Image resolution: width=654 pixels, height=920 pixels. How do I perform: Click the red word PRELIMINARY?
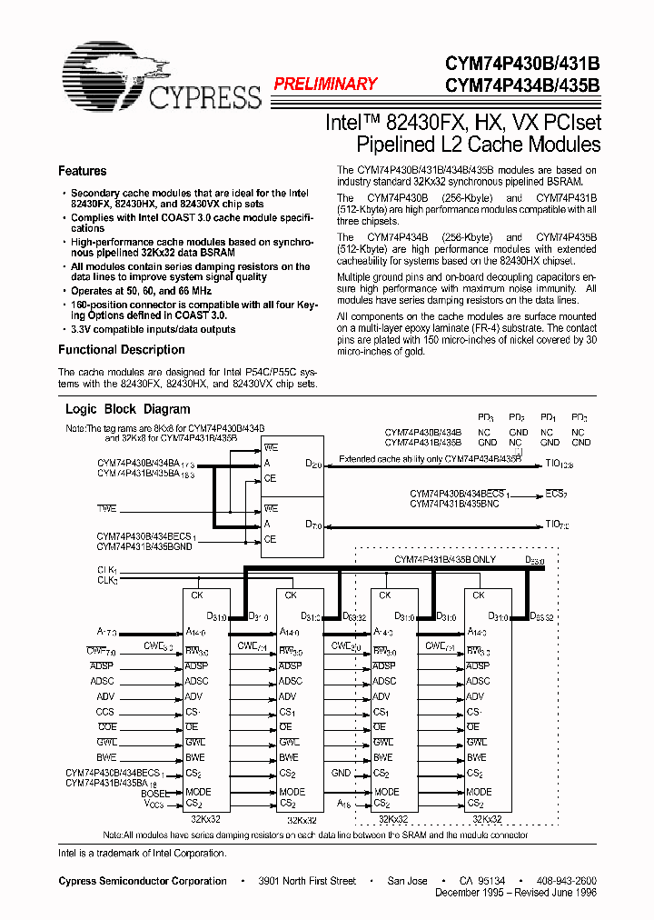tap(325, 84)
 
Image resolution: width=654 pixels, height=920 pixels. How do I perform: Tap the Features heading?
tap(82, 171)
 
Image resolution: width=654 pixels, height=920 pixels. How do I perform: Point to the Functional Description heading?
tap(121, 349)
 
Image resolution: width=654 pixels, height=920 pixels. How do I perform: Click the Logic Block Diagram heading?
tap(127, 409)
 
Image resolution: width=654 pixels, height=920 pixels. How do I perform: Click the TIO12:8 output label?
tap(559, 465)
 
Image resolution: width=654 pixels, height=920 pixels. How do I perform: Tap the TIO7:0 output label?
tap(557, 525)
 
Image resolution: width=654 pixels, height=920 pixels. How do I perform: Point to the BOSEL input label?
tap(155, 794)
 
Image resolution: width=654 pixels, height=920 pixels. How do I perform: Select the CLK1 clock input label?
tap(108, 569)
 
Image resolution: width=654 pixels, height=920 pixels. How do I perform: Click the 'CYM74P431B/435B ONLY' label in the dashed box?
tap(444, 559)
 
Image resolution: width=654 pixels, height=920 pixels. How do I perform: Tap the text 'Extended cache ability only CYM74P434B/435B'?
tap(430, 460)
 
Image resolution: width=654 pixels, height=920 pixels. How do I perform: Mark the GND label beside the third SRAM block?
tap(341, 773)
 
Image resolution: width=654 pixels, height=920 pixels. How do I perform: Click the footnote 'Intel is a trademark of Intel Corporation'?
tap(142, 852)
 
